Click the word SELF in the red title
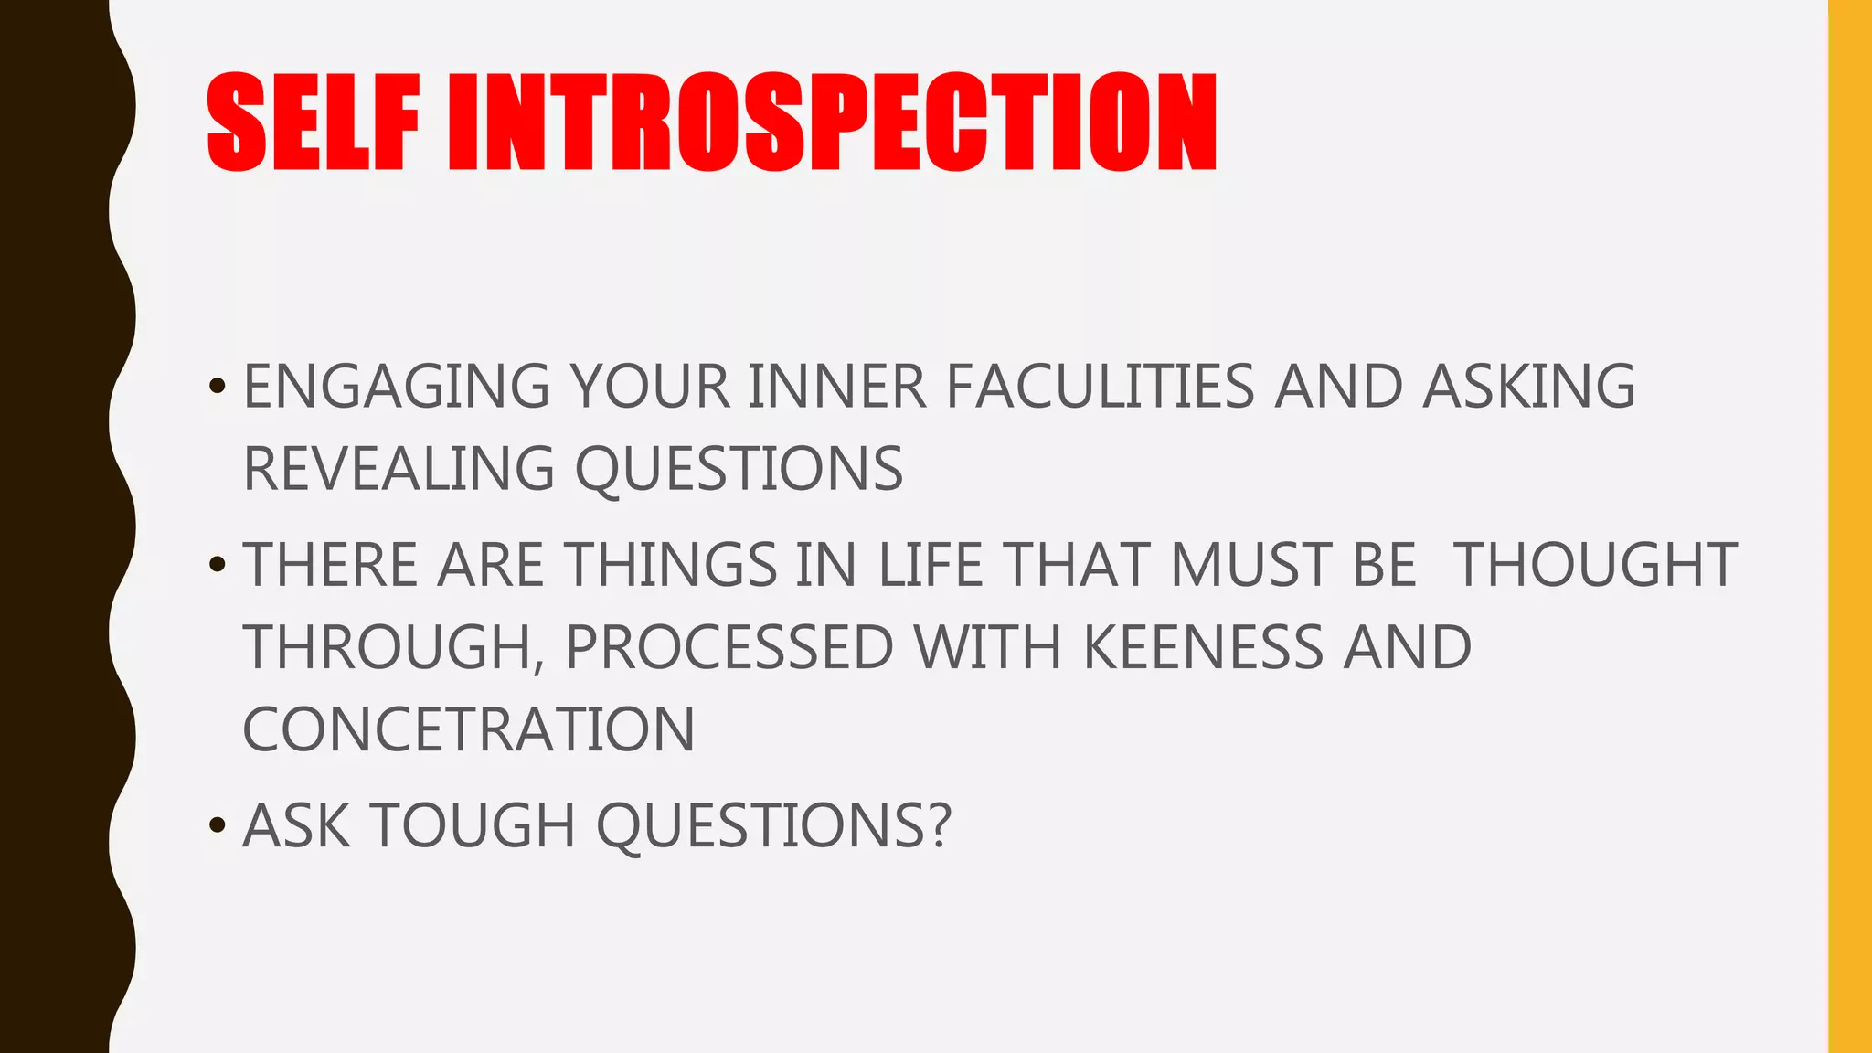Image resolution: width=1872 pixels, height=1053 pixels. [x=313, y=122]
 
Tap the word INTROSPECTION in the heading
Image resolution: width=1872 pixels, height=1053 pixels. [x=832, y=122]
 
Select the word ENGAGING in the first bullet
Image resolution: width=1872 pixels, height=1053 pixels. [x=397, y=387]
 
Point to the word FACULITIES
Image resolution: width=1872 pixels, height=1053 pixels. [x=1100, y=387]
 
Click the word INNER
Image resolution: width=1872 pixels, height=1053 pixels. [x=837, y=387]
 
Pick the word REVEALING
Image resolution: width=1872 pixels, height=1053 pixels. [x=399, y=469]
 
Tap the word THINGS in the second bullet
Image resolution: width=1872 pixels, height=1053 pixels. [x=671, y=565]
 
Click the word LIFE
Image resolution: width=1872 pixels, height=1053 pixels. [x=931, y=565]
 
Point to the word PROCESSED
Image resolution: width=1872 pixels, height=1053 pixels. [x=729, y=647]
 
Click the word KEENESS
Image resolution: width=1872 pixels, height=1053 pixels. [x=1202, y=647]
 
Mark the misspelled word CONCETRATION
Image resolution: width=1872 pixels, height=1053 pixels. [x=469, y=729]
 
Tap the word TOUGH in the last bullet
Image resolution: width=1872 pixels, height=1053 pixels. [x=473, y=825]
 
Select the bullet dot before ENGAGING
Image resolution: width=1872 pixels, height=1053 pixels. [x=217, y=387]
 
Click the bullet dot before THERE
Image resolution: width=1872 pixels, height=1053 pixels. [x=217, y=565]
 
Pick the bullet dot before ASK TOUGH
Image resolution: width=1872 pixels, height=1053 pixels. [x=217, y=825]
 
